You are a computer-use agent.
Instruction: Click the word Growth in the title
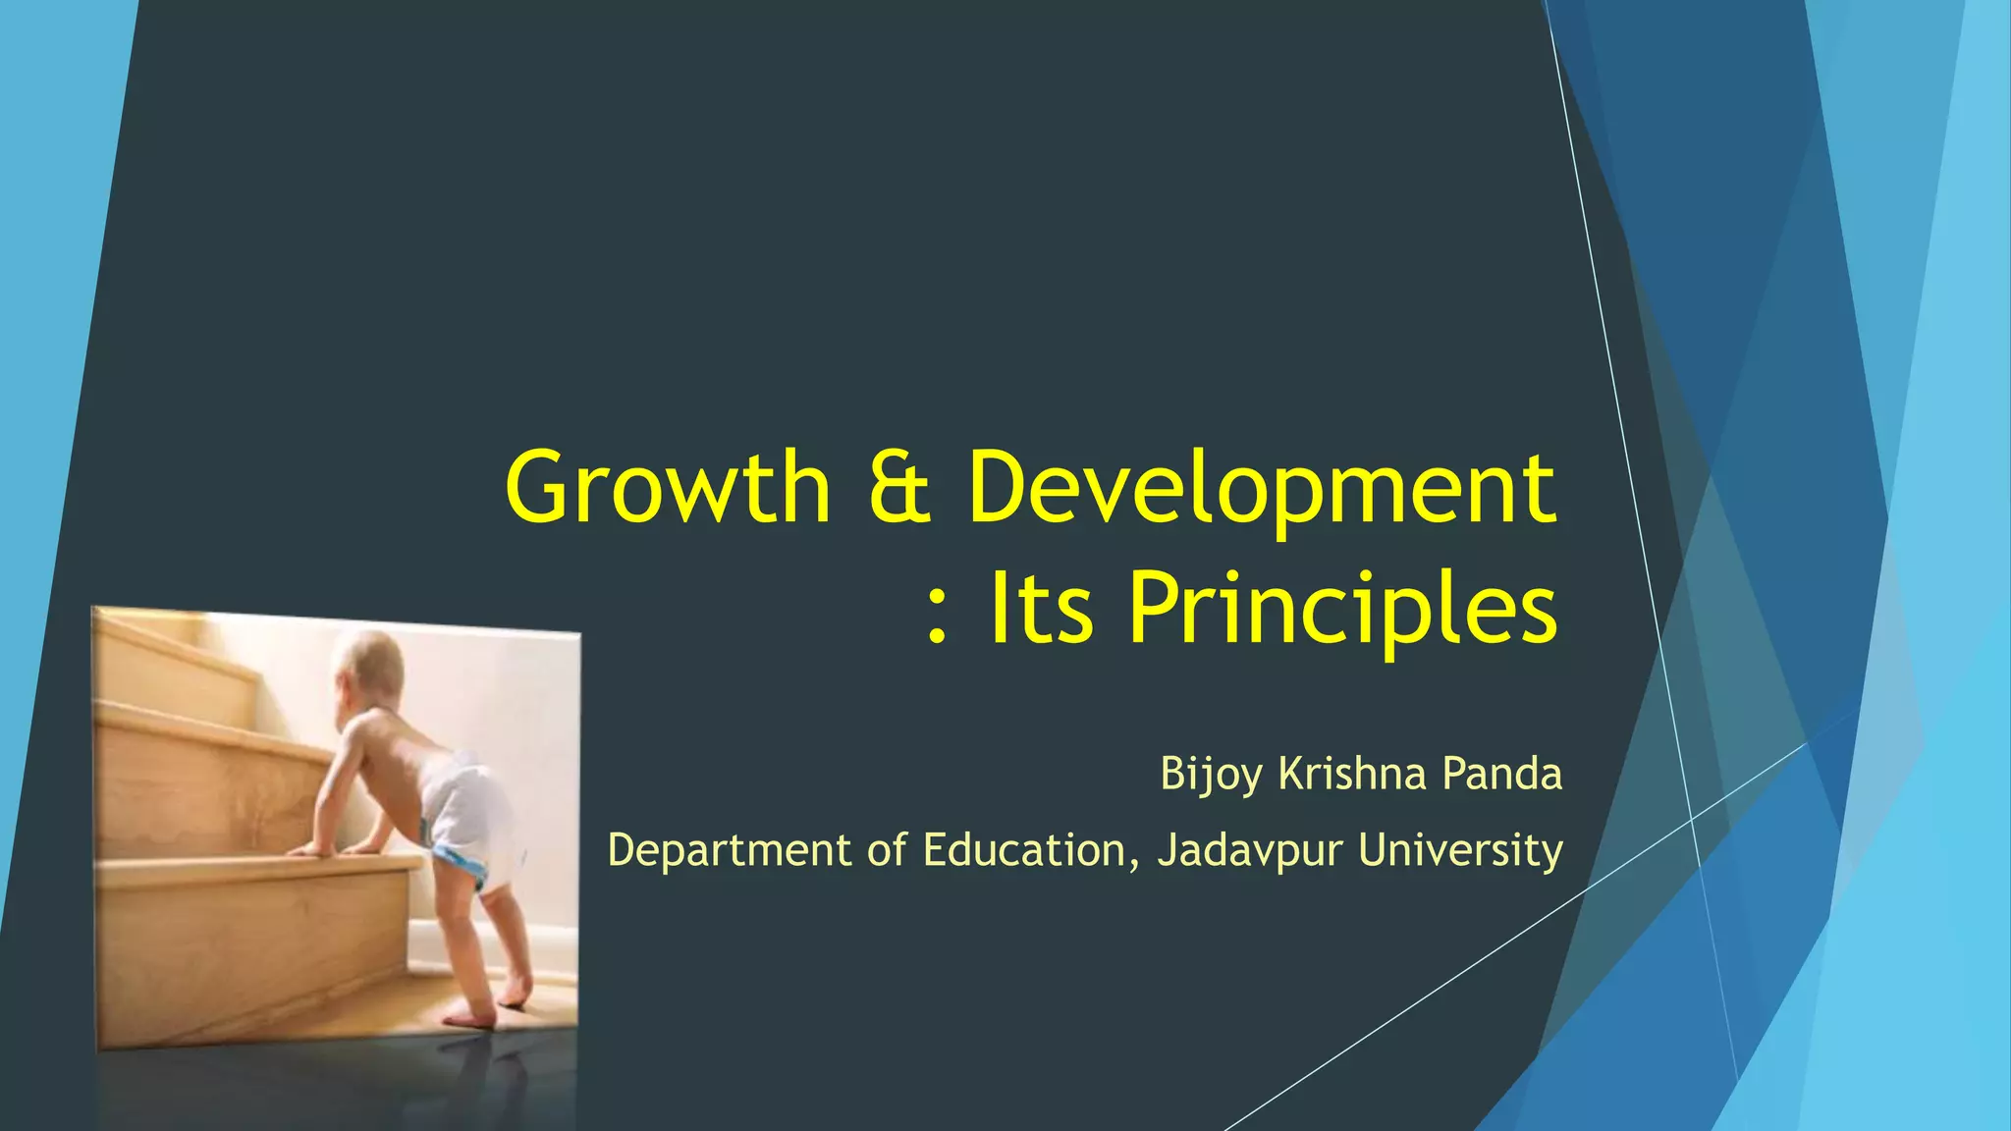(668, 488)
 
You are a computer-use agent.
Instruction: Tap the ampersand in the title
(899, 488)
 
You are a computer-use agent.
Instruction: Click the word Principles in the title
(1342, 611)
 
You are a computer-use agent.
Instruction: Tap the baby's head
(368, 668)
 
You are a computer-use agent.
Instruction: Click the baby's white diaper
(467, 815)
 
